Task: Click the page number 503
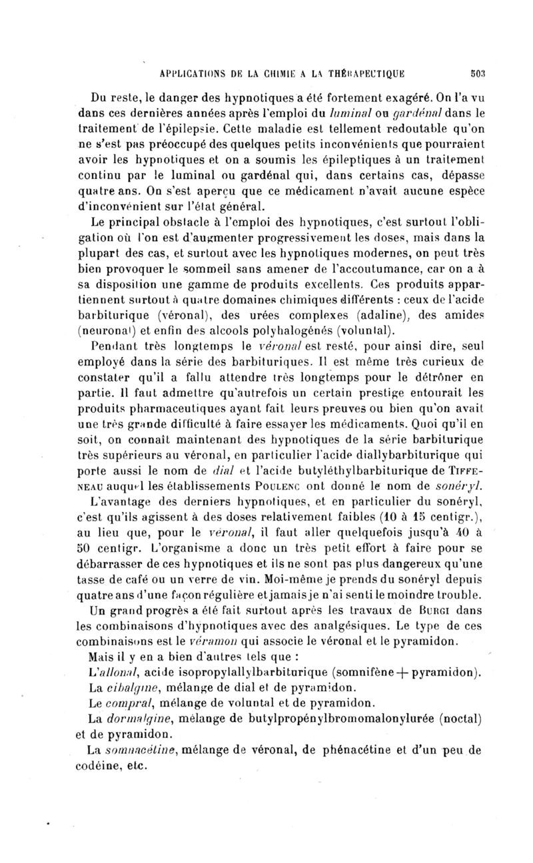point(480,73)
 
